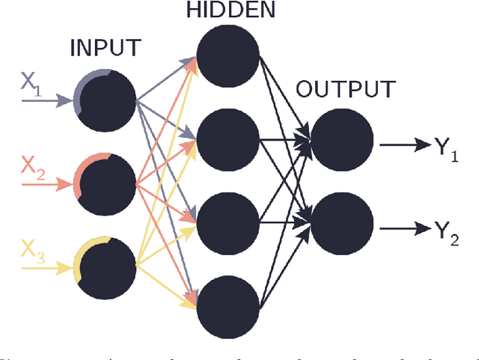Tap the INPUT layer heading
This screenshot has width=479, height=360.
(105, 49)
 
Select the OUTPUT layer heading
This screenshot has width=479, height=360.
(344, 90)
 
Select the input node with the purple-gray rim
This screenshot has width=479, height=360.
(105, 100)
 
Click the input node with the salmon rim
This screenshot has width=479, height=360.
(105, 183)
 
